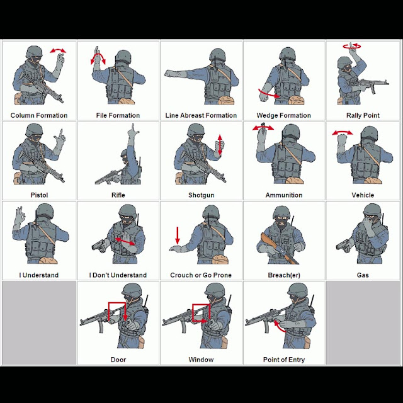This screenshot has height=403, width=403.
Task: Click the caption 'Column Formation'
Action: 39,115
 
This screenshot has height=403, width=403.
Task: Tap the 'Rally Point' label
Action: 363,115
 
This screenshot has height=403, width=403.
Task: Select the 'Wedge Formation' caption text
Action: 283,116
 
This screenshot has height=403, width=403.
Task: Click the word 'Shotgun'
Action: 201,195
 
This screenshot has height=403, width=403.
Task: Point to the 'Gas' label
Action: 363,275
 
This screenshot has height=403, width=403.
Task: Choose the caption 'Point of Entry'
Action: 284,360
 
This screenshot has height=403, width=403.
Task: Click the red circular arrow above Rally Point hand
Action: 352,46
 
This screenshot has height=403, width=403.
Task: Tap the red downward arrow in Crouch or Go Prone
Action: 178,235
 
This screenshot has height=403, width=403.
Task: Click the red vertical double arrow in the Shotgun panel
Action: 220,145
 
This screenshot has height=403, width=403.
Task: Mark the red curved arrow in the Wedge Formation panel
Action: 269,94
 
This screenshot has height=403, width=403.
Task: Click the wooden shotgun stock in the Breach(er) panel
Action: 268,241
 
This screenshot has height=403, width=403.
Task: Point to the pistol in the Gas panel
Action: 343,245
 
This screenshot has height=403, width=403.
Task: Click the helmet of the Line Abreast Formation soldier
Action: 217,55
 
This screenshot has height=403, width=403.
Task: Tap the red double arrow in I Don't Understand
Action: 125,241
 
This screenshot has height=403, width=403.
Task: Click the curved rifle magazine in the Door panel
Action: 101,326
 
